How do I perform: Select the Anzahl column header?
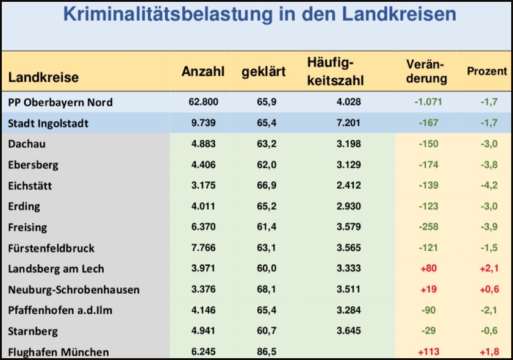203,71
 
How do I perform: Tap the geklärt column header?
264,72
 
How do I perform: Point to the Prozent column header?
487,71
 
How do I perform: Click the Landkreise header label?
43,78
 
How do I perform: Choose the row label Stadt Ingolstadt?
48,123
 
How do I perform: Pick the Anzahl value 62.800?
203,102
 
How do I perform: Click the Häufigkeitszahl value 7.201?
348,123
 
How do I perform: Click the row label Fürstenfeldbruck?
51,248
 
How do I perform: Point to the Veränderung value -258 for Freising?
429,227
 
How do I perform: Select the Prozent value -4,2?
488,185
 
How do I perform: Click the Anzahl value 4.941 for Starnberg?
203,331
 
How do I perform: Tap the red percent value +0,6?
487,290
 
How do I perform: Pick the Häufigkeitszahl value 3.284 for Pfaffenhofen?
348,311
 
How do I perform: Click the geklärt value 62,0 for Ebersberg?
264,165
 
